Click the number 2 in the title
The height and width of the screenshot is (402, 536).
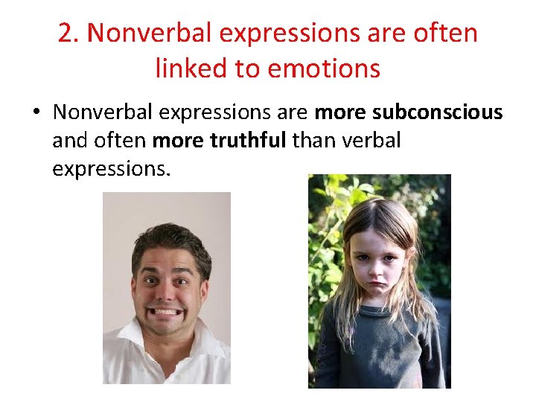tap(67, 34)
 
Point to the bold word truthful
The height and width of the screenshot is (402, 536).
tap(249, 140)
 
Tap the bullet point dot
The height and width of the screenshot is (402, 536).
tap(35, 113)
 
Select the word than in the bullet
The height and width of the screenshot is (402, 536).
tap(313, 140)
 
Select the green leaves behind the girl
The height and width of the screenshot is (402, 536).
tap(328, 208)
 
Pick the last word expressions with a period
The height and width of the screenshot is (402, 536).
tap(112, 168)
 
